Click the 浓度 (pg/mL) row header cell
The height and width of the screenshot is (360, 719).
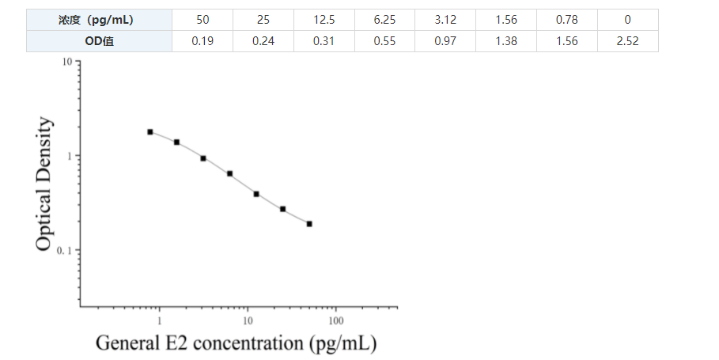click(x=99, y=20)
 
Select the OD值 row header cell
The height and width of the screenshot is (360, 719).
click(x=99, y=41)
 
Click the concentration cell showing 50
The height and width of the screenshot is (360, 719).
click(x=202, y=20)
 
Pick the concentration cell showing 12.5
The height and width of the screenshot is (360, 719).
click(x=324, y=20)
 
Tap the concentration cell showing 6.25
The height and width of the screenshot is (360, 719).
click(x=384, y=20)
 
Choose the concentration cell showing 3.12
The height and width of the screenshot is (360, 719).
click(x=445, y=20)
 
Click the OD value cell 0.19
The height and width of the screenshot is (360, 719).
click(x=202, y=41)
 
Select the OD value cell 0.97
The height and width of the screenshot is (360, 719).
click(x=445, y=41)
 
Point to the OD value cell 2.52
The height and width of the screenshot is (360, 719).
click(x=628, y=41)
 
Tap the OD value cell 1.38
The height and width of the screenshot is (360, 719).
click(x=506, y=41)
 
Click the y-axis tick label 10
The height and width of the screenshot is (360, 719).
click(x=67, y=62)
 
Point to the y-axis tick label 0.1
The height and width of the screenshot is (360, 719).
click(x=66, y=251)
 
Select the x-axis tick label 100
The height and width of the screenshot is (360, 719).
click(x=335, y=320)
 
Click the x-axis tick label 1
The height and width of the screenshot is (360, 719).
click(x=159, y=320)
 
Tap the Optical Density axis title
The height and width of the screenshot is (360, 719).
click(x=45, y=184)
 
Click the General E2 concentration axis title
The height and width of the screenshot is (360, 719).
click(x=236, y=343)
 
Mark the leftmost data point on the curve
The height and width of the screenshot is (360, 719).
click(x=150, y=132)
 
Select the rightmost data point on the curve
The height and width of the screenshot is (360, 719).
click(x=309, y=224)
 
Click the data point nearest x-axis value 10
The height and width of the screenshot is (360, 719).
click(x=256, y=194)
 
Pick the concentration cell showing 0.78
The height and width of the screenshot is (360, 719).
click(x=567, y=20)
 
